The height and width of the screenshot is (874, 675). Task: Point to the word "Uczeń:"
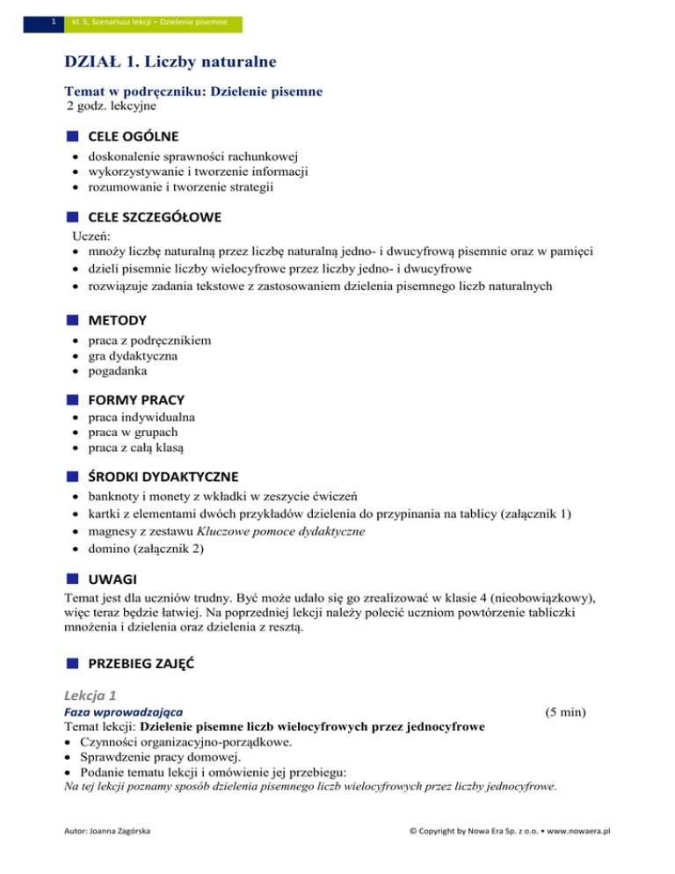(x=88, y=237)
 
